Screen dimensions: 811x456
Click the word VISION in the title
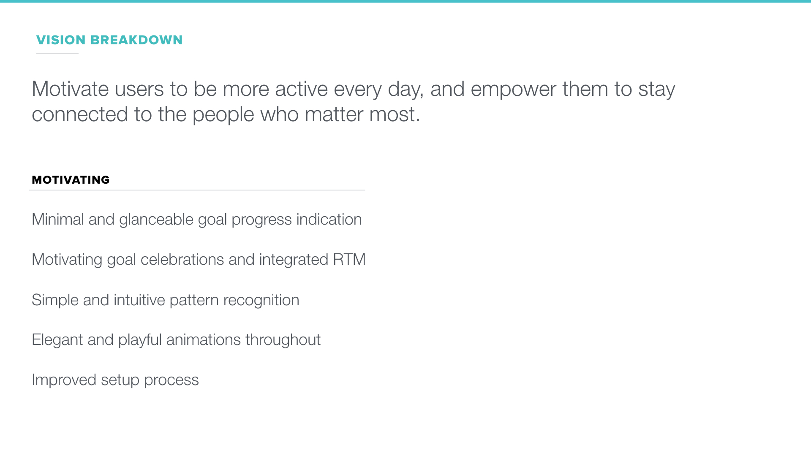(61, 40)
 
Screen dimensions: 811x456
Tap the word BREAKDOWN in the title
(136, 40)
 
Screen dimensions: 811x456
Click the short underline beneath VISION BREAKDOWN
(57, 54)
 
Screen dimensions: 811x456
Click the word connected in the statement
(80, 114)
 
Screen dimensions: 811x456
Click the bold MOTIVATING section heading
(71, 180)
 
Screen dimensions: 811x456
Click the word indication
(329, 220)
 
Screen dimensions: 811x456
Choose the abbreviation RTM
(349, 260)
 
